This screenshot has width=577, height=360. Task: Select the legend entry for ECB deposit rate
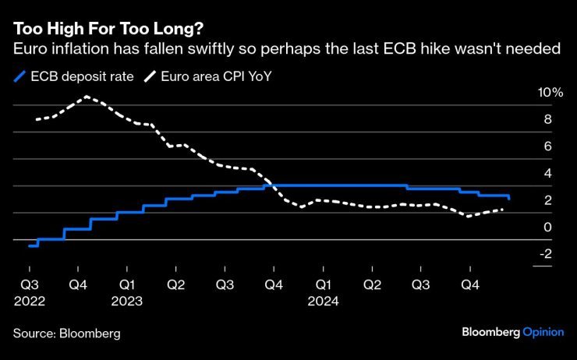click(74, 76)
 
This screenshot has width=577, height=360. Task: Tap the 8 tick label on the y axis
click(548, 119)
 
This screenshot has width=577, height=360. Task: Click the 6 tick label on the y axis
click(548, 146)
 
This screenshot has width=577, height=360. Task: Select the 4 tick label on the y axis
click(548, 173)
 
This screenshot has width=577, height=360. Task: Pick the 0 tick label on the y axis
click(548, 227)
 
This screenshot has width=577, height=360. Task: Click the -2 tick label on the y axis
click(546, 253)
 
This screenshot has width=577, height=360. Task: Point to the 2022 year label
click(29, 300)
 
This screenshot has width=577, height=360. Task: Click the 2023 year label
click(127, 300)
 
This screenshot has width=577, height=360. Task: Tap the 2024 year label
click(322, 300)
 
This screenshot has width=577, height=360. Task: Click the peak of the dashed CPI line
click(86, 97)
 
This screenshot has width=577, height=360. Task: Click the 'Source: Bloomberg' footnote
click(67, 334)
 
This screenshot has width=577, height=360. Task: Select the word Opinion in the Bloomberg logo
click(543, 332)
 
